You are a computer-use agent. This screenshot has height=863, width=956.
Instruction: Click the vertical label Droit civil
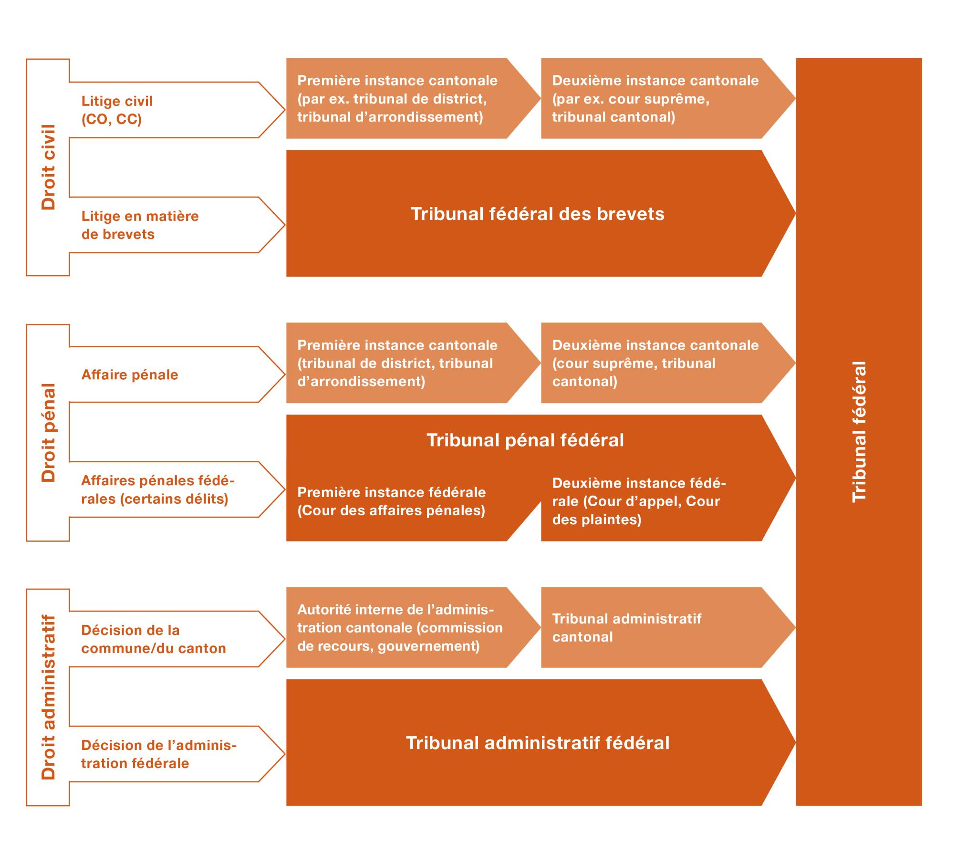click(x=48, y=167)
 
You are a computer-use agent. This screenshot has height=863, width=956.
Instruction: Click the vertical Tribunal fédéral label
click(x=858, y=432)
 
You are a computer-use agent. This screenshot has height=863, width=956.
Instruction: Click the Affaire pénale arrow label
click(x=130, y=374)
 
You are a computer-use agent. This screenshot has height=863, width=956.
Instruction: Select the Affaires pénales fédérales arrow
click(x=157, y=489)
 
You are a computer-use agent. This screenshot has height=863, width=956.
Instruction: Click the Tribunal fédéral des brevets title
click(x=537, y=214)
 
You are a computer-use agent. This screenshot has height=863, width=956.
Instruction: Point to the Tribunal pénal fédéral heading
click(x=525, y=440)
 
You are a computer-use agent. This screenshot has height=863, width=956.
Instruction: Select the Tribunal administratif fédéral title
click(x=537, y=743)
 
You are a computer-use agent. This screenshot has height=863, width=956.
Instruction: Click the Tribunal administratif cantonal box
click(x=626, y=627)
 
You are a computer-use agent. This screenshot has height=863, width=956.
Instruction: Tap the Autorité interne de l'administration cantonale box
click(x=400, y=627)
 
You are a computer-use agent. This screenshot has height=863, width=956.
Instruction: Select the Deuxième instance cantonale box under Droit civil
click(x=655, y=98)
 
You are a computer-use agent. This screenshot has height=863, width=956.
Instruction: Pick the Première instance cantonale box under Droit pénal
click(x=397, y=363)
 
